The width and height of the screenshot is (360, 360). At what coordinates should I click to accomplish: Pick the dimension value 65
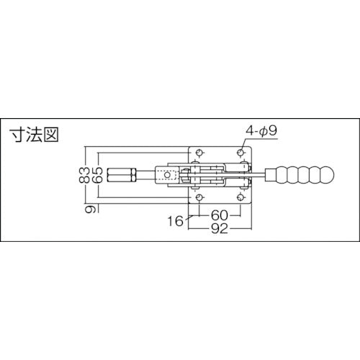coord(97,175)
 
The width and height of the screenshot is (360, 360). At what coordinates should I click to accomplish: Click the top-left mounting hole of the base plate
coord(198,153)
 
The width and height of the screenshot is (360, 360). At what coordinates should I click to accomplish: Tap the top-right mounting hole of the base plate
coord(240,153)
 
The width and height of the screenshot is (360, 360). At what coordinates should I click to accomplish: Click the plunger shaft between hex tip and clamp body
coord(146,175)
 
